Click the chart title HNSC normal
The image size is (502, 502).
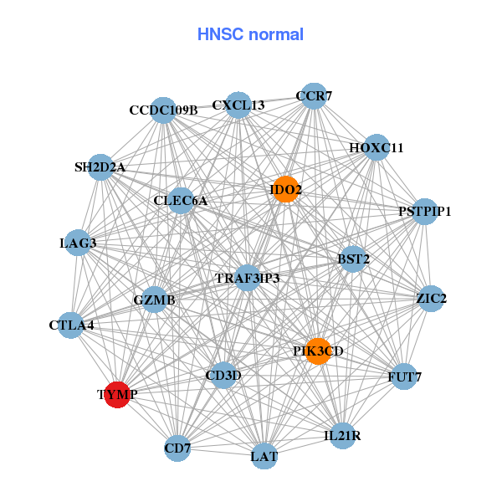[250, 34]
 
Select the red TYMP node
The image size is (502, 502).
[117, 394]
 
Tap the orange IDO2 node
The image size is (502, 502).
[285, 190]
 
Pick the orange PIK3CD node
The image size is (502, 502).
[318, 351]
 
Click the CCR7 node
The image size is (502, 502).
[313, 96]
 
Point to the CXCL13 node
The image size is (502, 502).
[238, 105]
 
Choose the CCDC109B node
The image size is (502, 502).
[163, 110]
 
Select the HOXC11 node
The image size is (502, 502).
[376, 148]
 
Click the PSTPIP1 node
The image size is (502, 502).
[424, 211]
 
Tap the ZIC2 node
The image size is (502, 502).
[431, 299]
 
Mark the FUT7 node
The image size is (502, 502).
[404, 376]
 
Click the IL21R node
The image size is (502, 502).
[343, 436]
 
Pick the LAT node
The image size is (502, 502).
[264, 456]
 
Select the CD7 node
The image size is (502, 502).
[177, 449]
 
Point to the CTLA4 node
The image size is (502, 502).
[71, 325]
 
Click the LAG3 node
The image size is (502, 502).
[78, 243]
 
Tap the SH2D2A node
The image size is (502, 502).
[100, 167]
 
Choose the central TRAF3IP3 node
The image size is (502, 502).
[247, 278]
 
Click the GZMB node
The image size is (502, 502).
[155, 300]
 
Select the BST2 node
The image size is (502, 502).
[353, 259]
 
